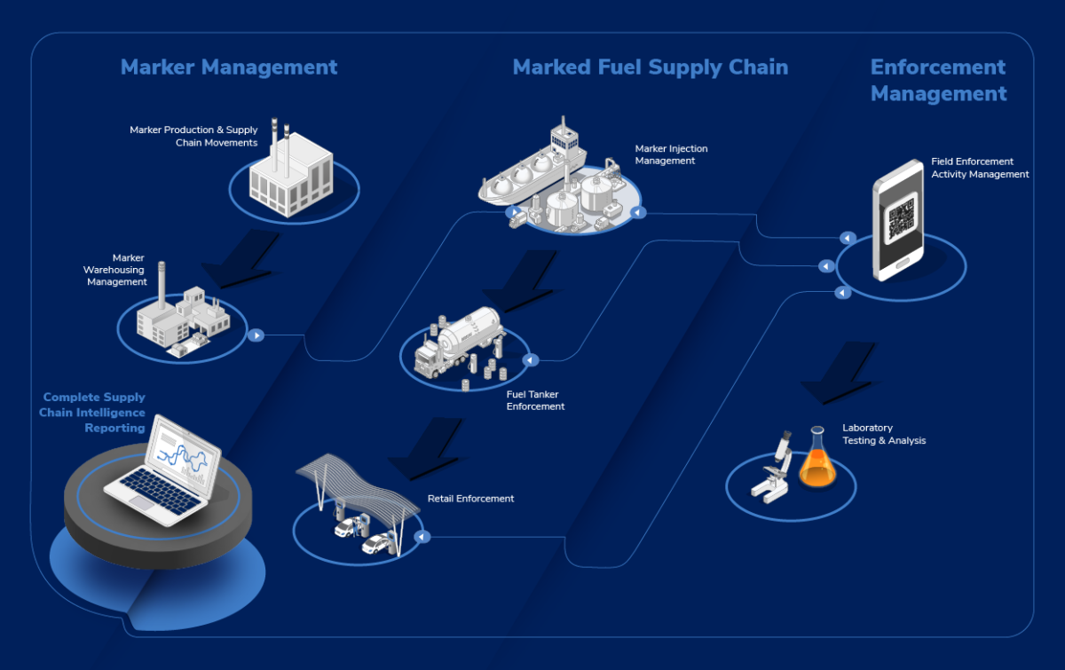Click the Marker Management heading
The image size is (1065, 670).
[229, 67]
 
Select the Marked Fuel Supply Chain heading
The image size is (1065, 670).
[650, 67]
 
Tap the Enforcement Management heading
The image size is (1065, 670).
[938, 81]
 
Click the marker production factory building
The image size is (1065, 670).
[291, 173]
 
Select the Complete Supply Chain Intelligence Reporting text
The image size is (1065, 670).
[93, 413]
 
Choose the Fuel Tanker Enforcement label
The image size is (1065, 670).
[535, 400]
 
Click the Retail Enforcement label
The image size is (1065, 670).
[470, 499]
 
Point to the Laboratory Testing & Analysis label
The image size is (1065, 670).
[884, 434]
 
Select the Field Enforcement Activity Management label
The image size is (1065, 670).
[980, 169]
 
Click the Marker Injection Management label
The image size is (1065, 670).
[671, 154]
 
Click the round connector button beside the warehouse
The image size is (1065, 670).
[256, 335]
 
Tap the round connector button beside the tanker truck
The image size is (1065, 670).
[530, 360]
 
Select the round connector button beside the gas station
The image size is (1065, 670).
[423, 536]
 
